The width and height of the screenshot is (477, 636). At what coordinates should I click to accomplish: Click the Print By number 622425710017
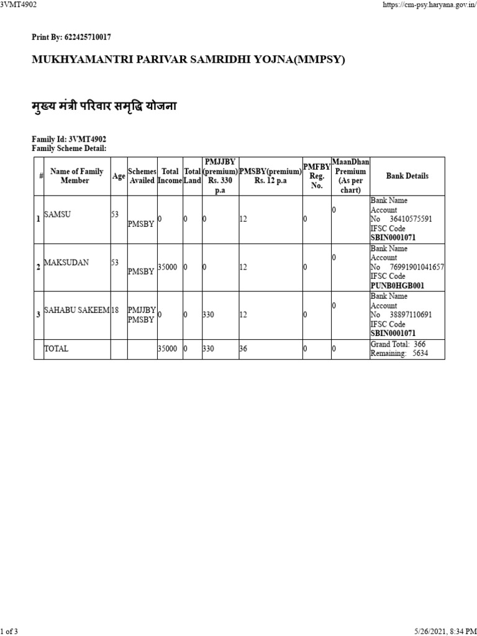[x=86, y=37]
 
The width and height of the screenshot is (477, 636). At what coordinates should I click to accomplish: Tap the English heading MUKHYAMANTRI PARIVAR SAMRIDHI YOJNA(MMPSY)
[x=188, y=60]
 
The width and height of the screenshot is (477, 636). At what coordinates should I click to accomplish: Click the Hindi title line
[x=104, y=106]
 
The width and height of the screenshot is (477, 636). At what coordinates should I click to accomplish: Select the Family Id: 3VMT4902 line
[x=65, y=139]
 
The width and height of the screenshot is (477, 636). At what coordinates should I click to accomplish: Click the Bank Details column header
[x=407, y=176]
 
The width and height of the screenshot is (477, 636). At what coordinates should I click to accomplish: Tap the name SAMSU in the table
[x=57, y=214]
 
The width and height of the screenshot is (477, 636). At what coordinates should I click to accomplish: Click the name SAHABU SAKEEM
[x=76, y=310]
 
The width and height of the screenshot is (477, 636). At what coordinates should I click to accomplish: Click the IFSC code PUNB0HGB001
[x=397, y=286]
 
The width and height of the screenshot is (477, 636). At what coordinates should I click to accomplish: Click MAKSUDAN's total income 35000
[x=167, y=266]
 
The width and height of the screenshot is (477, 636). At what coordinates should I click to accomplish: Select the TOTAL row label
[x=56, y=349]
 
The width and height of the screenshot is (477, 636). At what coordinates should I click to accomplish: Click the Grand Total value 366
[x=419, y=344]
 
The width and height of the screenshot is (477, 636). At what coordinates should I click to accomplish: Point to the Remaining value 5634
[x=420, y=353]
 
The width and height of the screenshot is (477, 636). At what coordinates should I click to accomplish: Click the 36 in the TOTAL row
[x=243, y=349]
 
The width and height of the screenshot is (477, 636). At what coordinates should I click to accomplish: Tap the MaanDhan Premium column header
[x=350, y=176]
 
